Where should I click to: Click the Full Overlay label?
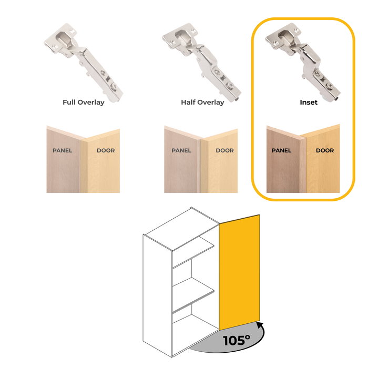pos(83,103)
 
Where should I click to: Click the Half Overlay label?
pos(202,103)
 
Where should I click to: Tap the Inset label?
pos(309,103)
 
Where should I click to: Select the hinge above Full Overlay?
pos(84,63)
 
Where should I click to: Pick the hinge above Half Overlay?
pos(202,63)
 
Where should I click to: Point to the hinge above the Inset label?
pos(303,62)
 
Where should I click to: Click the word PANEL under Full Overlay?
pos(63,150)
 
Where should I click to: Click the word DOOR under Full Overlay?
pos(106,150)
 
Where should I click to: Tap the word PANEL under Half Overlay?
pos(181,150)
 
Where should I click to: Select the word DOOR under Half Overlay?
pos(225,150)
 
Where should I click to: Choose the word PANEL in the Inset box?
pos(281,150)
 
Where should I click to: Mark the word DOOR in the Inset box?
pos(325,150)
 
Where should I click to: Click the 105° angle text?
pos(237,340)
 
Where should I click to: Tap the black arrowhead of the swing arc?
pos(260,325)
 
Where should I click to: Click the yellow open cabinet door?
pos(239,272)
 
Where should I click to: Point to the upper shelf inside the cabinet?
pos(193,253)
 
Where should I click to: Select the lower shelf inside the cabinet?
pos(193,295)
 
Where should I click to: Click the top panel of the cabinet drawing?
pos(181,228)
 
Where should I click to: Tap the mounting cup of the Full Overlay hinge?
pos(64,38)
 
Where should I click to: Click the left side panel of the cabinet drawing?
pos(158,295)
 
